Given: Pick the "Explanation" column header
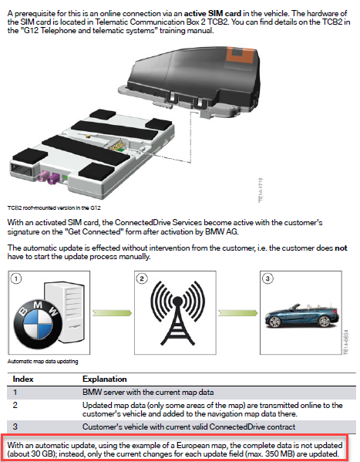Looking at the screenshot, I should [106, 379].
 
